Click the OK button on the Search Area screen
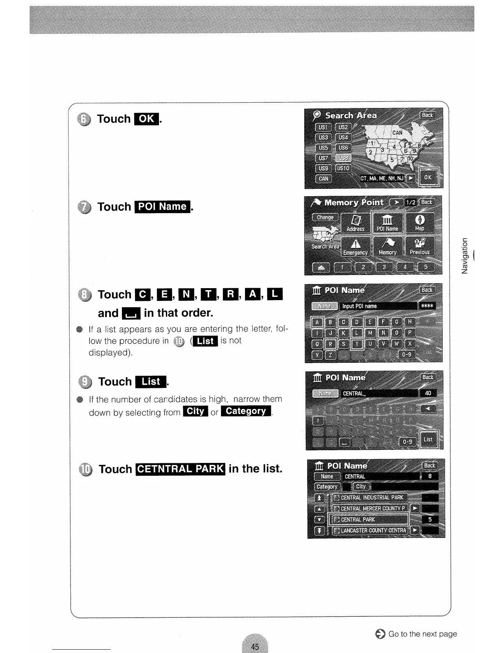point(428,178)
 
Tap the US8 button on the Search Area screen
point(343,158)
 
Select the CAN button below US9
point(324,179)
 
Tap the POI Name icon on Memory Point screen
point(388,223)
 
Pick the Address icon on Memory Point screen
point(355,223)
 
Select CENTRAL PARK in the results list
point(371,519)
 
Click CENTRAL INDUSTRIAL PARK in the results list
point(371,498)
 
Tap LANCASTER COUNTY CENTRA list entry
point(371,530)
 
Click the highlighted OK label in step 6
point(147,119)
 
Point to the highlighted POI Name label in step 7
point(162,207)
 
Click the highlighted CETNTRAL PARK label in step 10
point(180,469)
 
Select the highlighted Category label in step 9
point(246,411)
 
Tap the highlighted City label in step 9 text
point(196,411)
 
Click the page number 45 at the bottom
point(255,646)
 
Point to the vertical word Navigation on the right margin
point(465,256)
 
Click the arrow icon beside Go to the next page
point(380,634)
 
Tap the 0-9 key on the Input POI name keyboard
point(406,355)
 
